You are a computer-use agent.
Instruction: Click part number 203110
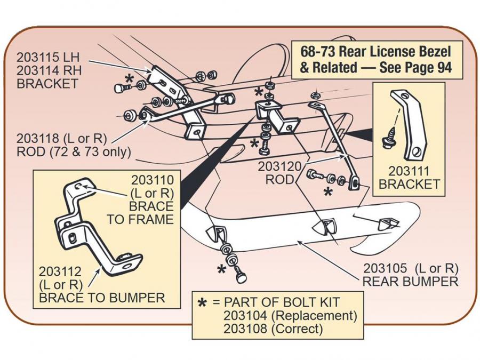pos(151,179)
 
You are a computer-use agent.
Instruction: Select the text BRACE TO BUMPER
pos(102,298)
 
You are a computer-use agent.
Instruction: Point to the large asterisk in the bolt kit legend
pos(202,303)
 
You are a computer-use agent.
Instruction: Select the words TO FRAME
pos(140,219)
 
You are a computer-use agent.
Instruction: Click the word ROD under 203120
pos(279,180)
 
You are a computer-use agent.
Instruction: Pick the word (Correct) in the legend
pos(298,329)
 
